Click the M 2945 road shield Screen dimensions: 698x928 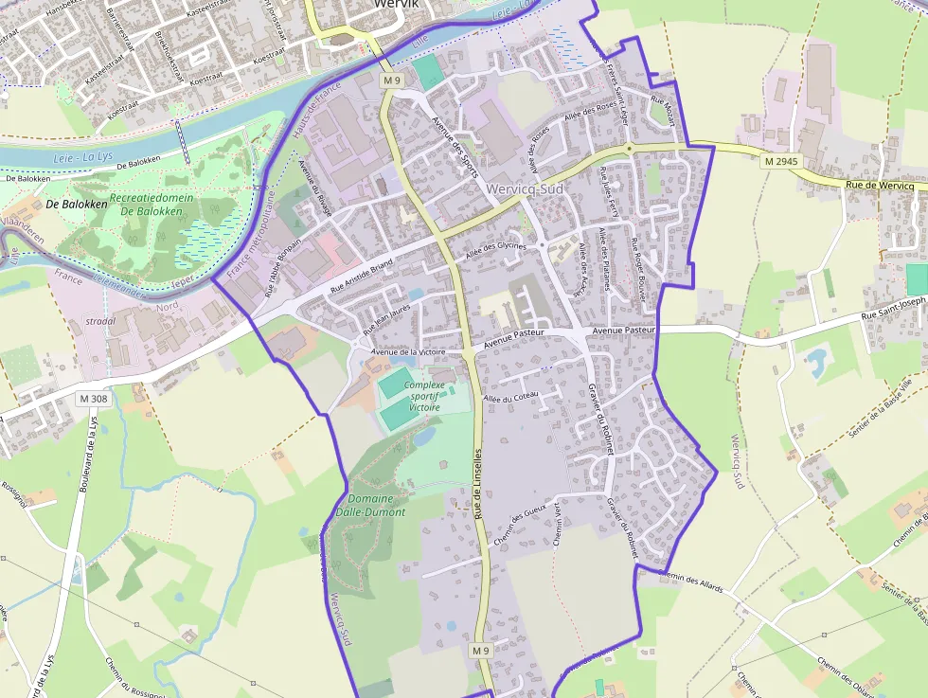[781, 162]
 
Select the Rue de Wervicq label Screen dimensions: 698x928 [880, 186]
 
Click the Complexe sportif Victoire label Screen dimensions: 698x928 [424, 396]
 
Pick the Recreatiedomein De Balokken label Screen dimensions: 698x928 [152, 204]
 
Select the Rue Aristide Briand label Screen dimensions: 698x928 [361, 276]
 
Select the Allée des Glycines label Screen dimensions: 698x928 [497, 251]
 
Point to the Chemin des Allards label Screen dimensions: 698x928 [690, 581]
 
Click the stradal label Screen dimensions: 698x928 [101, 321]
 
